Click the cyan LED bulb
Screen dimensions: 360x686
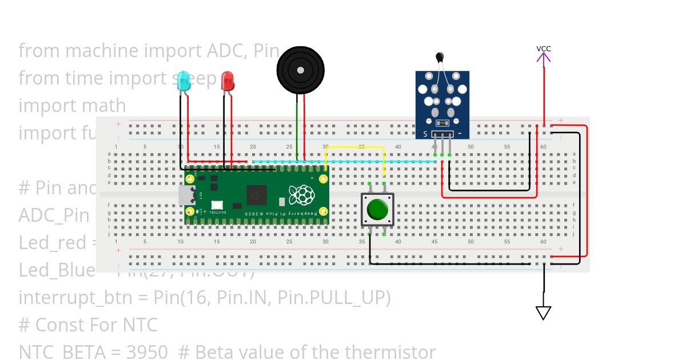tap(184, 81)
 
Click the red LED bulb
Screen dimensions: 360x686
tap(227, 80)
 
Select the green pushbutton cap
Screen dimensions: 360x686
tap(377, 210)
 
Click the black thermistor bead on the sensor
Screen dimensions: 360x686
tap(440, 57)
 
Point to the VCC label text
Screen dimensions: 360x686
tap(544, 49)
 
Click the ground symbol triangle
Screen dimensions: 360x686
tap(543, 313)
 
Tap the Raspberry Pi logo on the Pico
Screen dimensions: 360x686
tap(301, 195)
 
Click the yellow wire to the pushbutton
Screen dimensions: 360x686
tap(354, 147)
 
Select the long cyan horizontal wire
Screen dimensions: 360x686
tap(343, 162)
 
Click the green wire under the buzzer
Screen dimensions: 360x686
tap(297, 129)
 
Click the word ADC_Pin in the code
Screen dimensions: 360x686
tap(54, 215)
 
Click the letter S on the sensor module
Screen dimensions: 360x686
tap(425, 134)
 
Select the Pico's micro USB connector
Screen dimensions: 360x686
tap(185, 196)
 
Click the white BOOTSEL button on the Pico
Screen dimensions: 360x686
tap(217, 205)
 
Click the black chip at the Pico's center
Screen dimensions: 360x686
tap(256, 195)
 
